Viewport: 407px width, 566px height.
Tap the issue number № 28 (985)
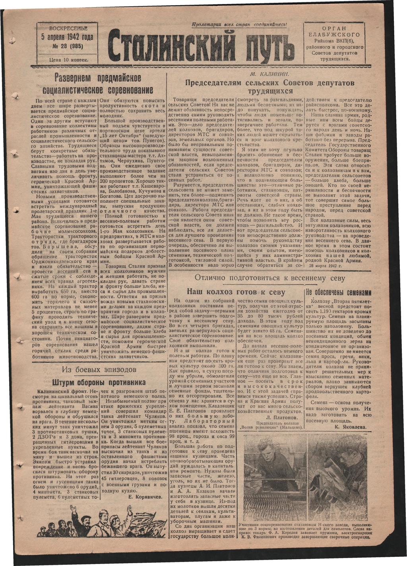(x=67, y=46)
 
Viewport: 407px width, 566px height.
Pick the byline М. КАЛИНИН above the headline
(x=269, y=75)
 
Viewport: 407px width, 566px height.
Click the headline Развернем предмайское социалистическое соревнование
(x=101, y=83)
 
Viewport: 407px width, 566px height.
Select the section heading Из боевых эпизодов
(x=100, y=370)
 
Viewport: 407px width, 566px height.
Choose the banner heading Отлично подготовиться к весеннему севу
(x=270, y=278)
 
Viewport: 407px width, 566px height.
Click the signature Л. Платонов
(x=281, y=418)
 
